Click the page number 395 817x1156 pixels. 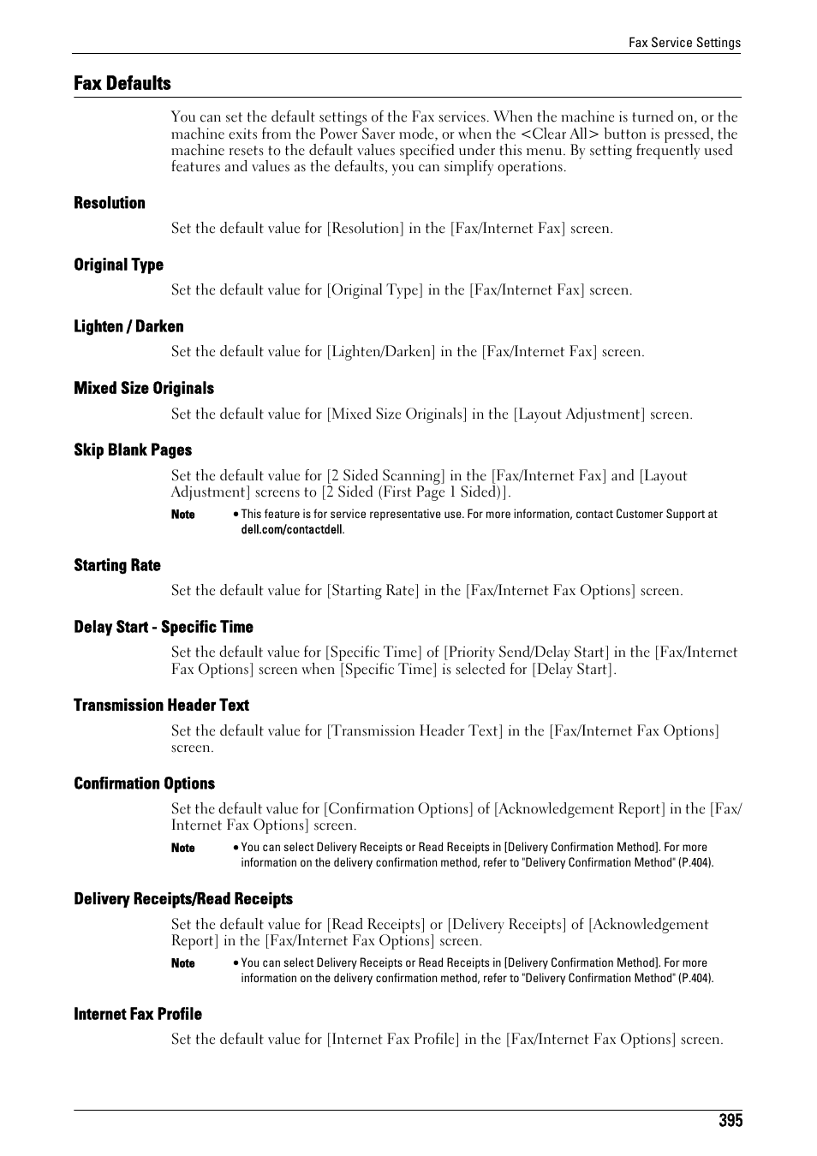click(x=731, y=1121)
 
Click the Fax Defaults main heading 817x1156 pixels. click(x=122, y=83)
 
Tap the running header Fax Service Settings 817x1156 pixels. click(x=684, y=43)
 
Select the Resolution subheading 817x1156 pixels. click(x=110, y=203)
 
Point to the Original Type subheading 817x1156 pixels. click(x=118, y=265)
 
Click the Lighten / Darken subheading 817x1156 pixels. click(x=128, y=326)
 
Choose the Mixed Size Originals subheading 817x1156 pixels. click(x=144, y=388)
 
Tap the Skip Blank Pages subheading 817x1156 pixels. click(x=133, y=450)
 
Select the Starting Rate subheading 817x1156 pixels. click(x=117, y=565)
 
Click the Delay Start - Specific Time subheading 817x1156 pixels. click(x=164, y=627)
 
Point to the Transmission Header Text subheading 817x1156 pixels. click(x=161, y=705)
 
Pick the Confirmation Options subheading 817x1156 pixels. click(x=144, y=784)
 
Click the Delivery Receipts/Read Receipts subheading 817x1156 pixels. click(x=183, y=898)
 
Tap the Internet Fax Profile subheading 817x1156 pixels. click(x=138, y=1014)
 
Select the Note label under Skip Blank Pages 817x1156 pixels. click(x=183, y=515)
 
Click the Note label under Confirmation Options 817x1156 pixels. click(x=183, y=848)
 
